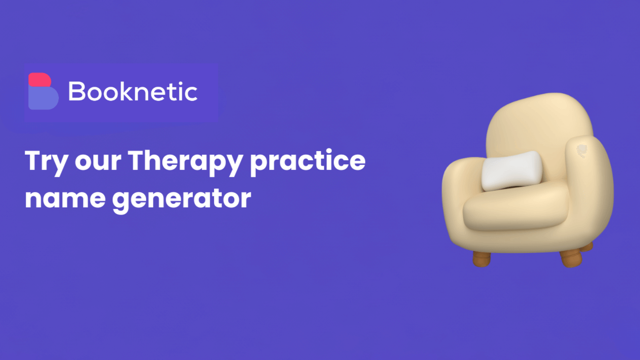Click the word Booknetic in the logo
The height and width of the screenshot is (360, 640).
[133, 92]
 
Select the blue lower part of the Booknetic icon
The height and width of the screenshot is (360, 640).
[43, 98]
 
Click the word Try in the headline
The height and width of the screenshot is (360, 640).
[46, 162]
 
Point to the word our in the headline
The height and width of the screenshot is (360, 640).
[98, 162]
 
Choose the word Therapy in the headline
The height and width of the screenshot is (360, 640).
[185, 162]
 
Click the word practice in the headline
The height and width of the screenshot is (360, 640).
[307, 162]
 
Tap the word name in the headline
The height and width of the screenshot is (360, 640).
[65, 199]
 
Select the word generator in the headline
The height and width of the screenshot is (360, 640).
[181, 199]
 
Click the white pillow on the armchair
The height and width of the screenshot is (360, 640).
[512, 171]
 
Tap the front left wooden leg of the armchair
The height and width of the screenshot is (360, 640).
[482, 259]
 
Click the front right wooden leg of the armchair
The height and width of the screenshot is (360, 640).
[571, 258]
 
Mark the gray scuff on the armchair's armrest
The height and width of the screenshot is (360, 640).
[582, 150]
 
